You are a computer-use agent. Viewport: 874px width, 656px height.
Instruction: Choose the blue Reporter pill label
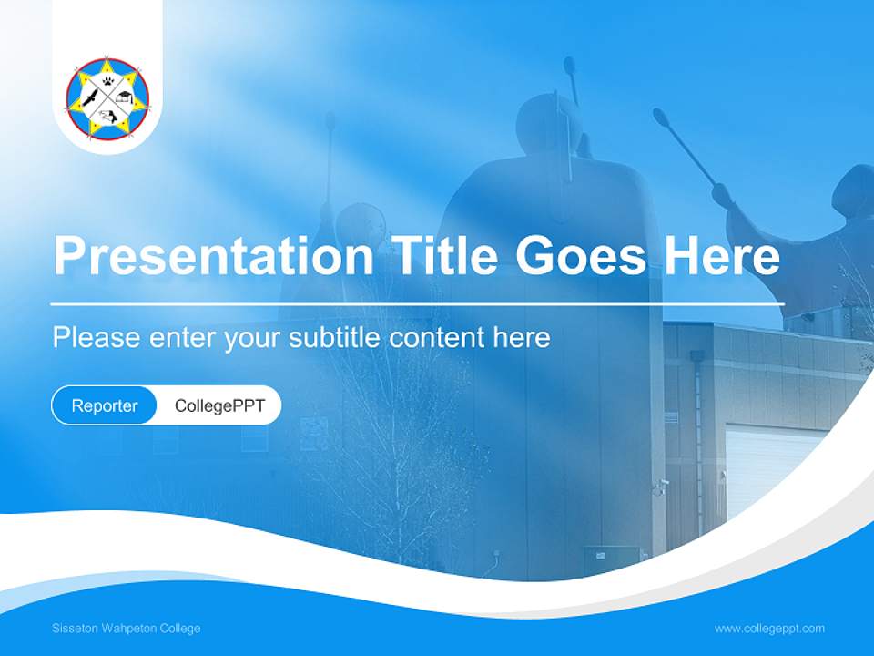click(x=105, y=405)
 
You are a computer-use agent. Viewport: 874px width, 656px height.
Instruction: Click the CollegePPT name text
click(x=219, y=405)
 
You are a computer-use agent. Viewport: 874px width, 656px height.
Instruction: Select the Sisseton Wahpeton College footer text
click(x=126, y=629)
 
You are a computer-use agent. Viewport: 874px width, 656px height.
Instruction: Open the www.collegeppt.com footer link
click(x=769, y=629)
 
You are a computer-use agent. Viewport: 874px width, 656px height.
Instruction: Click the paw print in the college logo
click(x=107, y=81)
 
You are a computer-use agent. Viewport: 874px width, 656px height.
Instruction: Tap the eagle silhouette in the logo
click(x=89, y=98)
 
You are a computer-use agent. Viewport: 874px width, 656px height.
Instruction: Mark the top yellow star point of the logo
click(x=107, y=64)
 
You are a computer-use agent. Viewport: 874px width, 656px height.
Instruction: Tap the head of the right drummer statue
click(x=856, y=187)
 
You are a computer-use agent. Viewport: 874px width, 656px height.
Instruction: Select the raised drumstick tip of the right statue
click(x=658, y=116)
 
